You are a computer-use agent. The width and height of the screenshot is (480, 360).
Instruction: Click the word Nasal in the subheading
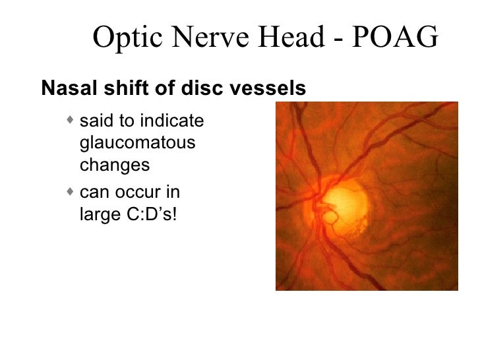(63, 87)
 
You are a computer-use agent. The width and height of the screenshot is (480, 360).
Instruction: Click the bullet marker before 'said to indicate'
(71, 121)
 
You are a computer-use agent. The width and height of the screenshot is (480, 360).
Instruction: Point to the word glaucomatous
(137, 144)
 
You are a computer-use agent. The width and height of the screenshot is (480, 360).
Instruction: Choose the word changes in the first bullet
(115, 165)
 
